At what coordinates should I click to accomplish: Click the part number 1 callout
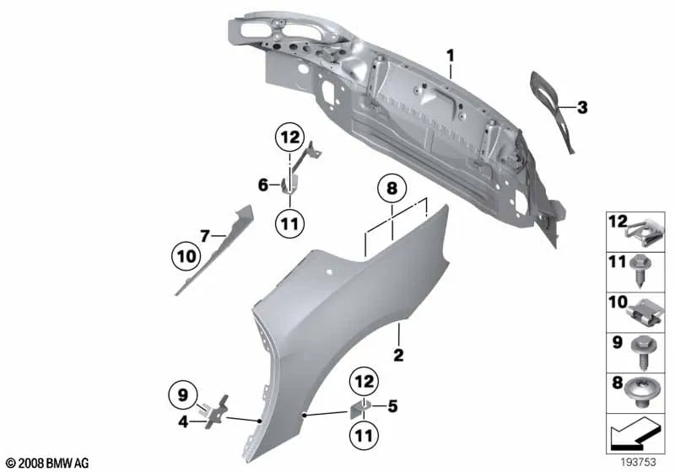point(451,56)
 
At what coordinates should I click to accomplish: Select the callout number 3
point(582,107)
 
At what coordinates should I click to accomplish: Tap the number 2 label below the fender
point(397,356)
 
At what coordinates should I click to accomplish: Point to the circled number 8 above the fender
point(391,190)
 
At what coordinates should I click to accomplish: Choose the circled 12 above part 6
point(289,137)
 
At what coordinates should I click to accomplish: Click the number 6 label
point(263,184)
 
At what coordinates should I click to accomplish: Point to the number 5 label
point(391,405)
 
